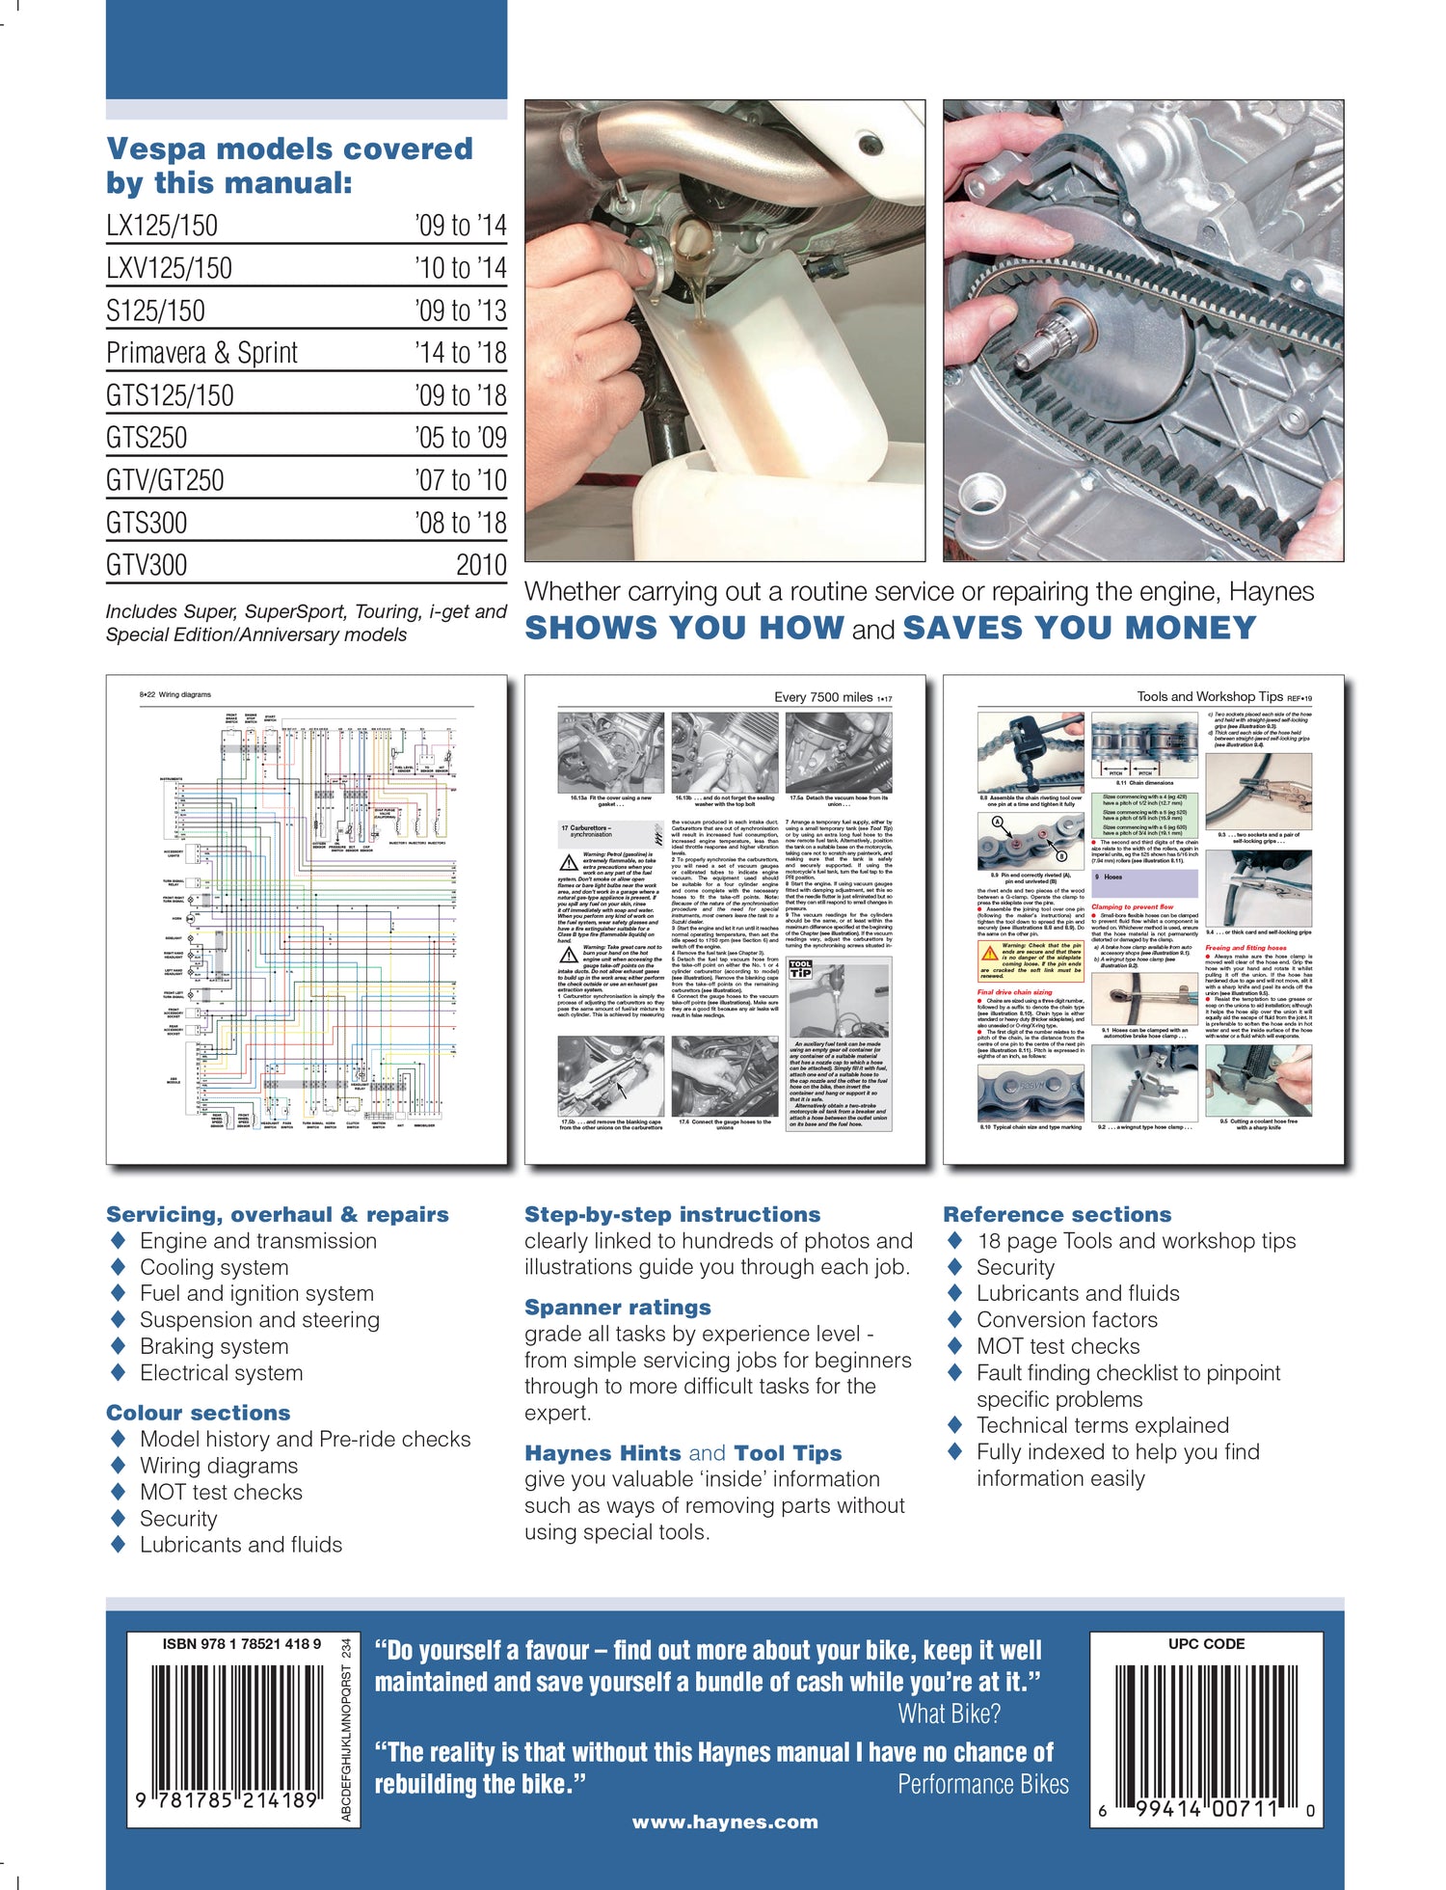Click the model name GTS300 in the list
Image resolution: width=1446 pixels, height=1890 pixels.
tap(147, 523)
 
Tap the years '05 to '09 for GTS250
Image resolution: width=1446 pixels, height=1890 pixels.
tap(460, 438)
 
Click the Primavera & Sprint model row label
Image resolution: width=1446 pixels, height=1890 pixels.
tap(201, 353)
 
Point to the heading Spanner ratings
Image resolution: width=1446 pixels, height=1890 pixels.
tap(617, 1308)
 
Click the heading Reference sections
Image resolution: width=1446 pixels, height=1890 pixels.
tap(1057, 1215)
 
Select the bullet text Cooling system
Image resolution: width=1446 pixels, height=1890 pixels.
tap(214, 1267)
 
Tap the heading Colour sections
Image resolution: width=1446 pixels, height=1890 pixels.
tap(198, 1413)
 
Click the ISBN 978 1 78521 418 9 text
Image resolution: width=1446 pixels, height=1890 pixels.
tap(242, 1644)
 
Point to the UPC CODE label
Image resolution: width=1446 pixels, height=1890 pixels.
tap(1206, 1644)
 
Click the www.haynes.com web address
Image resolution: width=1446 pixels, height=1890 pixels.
tap(725, 1822)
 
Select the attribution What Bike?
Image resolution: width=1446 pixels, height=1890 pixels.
tap(949, 1714)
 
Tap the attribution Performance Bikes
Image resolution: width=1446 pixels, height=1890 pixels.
tap(982, 1785)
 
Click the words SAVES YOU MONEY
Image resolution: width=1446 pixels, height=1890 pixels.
tap(1079, 629)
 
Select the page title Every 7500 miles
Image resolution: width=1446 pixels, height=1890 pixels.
tap(823, 697)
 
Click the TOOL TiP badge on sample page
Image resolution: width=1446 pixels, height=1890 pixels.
tap(800, 969)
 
